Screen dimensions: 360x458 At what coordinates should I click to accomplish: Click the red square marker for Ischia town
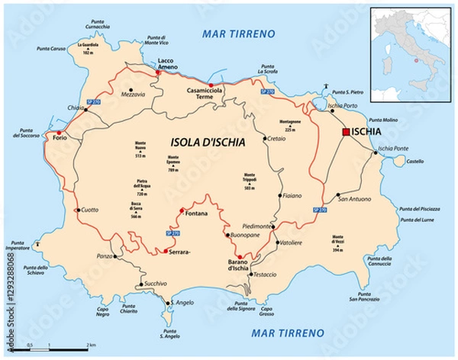point(346,133)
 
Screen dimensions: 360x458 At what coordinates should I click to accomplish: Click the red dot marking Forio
point(60,133)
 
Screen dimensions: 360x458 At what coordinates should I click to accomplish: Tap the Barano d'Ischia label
point(240,267)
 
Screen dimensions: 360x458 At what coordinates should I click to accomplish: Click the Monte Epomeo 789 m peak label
point(173,163)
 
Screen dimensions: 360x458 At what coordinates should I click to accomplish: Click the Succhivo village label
point(155,284)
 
